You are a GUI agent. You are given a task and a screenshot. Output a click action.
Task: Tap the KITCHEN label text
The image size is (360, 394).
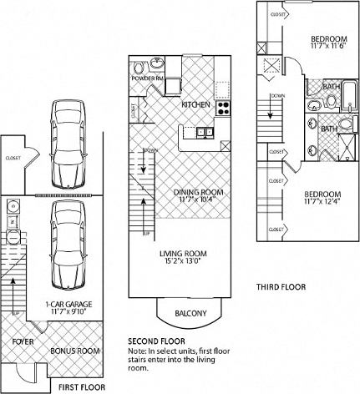point(195,104)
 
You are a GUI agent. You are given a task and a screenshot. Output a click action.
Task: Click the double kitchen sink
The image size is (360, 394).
point(205,132)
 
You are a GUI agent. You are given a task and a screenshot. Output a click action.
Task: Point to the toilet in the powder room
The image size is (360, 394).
point(159,66)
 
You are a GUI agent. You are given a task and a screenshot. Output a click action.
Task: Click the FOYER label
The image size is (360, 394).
point(23,341)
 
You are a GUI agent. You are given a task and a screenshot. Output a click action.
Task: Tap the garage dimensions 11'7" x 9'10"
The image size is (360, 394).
point(59,311)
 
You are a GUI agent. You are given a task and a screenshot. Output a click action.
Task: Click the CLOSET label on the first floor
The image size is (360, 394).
point(13,157)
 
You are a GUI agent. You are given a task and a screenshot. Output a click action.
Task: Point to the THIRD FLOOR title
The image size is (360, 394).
point(281,286)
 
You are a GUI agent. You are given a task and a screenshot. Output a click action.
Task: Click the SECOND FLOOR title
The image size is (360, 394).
point(156,341)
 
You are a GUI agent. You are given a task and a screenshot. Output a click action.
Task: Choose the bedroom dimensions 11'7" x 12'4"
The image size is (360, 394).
point(327,200)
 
